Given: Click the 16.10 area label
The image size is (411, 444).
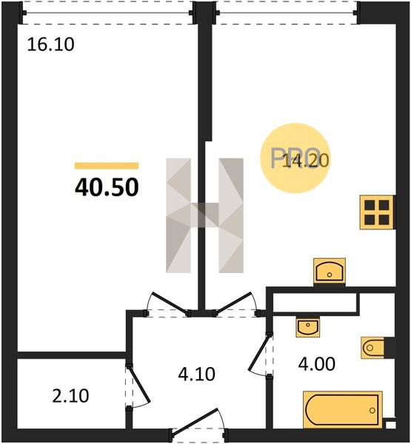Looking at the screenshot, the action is point(51,44).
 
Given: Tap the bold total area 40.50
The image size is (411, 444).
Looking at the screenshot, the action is point(107,187).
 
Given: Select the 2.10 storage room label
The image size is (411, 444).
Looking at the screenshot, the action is point(70,396).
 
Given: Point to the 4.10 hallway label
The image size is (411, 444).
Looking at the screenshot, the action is point(197,374).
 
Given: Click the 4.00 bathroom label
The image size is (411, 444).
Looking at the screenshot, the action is point(317,364).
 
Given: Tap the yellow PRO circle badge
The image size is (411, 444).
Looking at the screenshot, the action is point(295,158).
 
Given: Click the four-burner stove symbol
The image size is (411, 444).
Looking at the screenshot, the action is point(377,212).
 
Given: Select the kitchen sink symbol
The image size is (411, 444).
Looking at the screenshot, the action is point(330,272).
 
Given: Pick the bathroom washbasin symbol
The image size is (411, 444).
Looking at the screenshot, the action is point(308,327).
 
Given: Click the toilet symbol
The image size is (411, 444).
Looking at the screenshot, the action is point(372,348).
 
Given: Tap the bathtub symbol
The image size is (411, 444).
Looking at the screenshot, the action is point(343,409).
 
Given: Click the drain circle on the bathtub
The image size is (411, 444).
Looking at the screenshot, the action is point(372,410).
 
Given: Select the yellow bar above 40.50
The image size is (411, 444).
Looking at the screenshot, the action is point(107,166).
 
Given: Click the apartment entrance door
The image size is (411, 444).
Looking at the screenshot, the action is point(198,422).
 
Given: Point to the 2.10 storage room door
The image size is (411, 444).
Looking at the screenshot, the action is point(138,385).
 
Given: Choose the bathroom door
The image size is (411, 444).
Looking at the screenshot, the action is point(259,354).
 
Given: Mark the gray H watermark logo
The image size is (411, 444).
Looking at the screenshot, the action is point(204,215).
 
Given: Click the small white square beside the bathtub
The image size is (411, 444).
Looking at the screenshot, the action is point(391,425).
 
